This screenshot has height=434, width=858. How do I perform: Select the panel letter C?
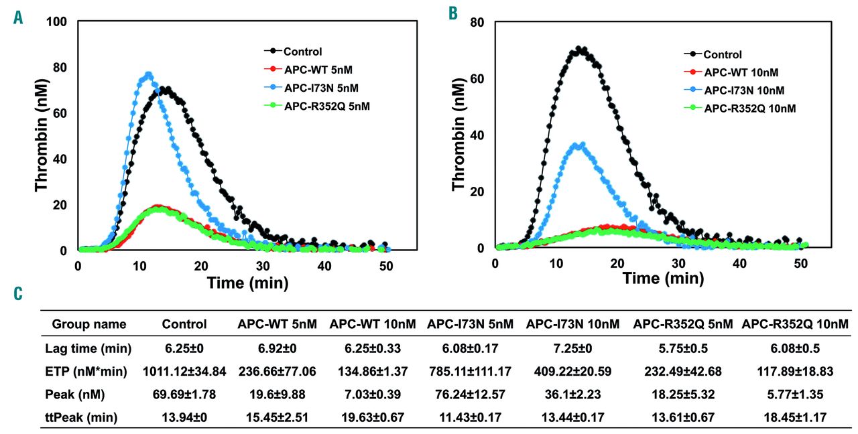(x=18, y=293)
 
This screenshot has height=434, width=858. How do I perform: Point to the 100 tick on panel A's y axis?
(x=60, y=22)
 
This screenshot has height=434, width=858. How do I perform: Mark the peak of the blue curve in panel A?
(x=148, y=74)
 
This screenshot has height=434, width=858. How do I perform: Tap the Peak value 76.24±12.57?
(x=471, y=394)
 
